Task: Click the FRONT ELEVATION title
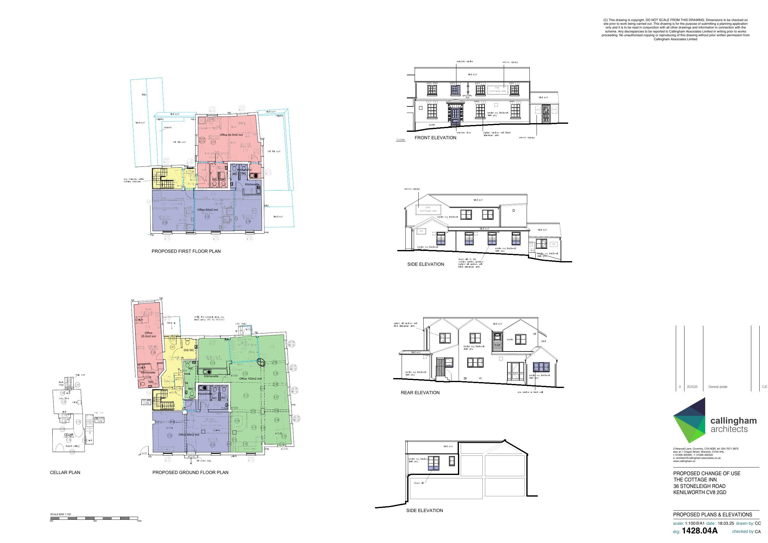point(435,137)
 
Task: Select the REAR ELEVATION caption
point(420,392)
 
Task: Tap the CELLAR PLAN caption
point(65,472)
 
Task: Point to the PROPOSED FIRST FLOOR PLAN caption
point(186,251)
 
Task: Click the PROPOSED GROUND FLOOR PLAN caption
point(190,472)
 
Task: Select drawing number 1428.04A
point(699,531)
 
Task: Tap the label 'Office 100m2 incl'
point(250,379)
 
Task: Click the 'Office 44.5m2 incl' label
point(231,135)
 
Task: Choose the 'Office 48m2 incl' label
point(189,435)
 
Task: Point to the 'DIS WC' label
point(189,350)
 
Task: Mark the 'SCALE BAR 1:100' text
point(61,514)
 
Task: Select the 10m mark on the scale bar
point(139,521)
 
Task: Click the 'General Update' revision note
point(718,387)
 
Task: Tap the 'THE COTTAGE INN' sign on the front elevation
point(497,90)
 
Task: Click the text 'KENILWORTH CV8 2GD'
point(700,493)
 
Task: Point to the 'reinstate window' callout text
point(465,62)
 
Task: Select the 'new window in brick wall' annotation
point(530,392)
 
